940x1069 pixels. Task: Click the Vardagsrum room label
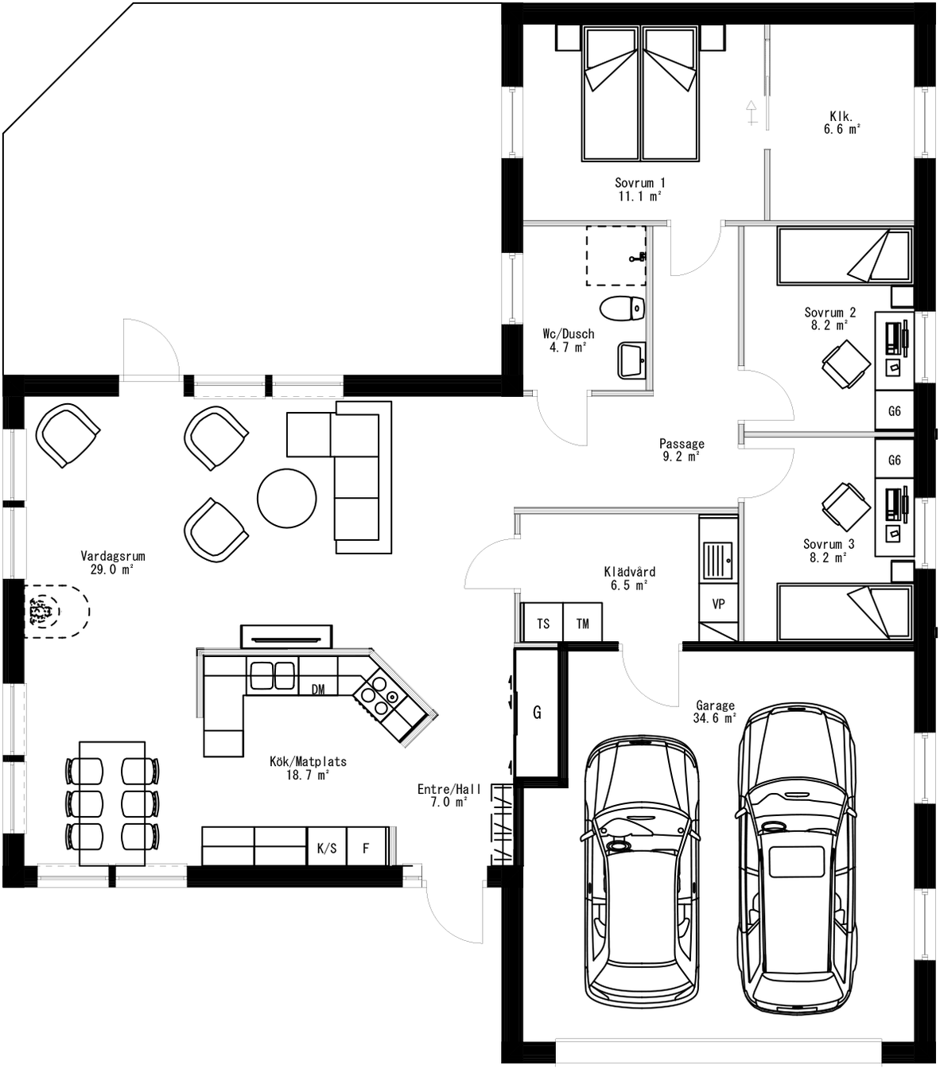click(x=112, y=562)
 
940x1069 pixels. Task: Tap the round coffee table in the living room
click(x=287, y=498)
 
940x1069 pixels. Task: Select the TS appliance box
click(x=542, y=623)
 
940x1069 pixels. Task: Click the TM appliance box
click(x=582, y=623)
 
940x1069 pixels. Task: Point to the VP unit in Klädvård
click(x=718, y=604)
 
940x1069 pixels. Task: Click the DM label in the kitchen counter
click(x=317, y=689)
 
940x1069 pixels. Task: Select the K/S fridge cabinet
click(x=327, y=848)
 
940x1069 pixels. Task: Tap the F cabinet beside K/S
click(x=367, y=848)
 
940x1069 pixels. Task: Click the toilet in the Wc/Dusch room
click(x=621, y=308)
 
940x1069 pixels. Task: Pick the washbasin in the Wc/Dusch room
click(x=631, y=361)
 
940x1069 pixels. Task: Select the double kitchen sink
click(x=273, y=675)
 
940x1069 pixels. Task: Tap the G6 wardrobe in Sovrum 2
click(x=895, y=411)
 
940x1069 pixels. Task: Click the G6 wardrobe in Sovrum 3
click(x=895, y=460)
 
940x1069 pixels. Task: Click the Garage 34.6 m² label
click(x=715, y=711)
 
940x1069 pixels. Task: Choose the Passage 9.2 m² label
click(x=682, y=450)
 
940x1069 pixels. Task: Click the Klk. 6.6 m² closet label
click(x=841, y=122)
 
